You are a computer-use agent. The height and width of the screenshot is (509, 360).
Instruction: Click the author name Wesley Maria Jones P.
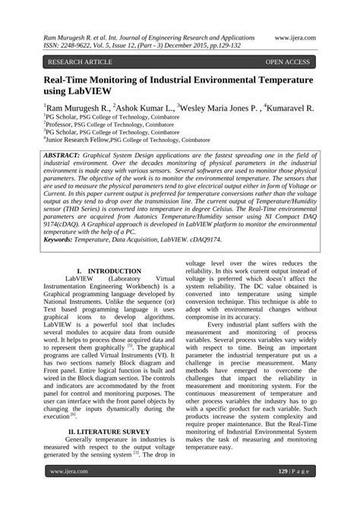219,109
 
